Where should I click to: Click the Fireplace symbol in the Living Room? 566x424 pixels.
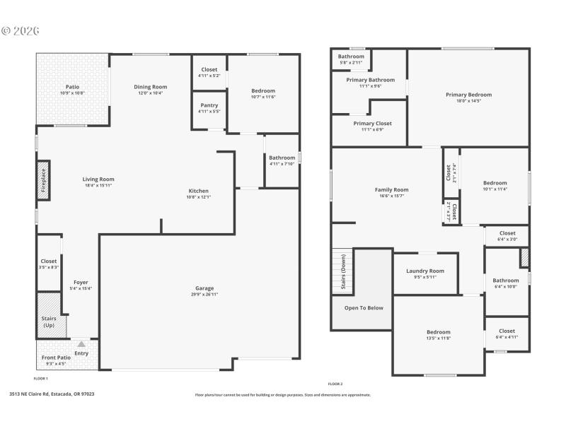pos(43,180)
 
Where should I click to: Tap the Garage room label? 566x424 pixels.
pos(204,288)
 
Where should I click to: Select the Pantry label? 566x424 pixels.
pos(209,105)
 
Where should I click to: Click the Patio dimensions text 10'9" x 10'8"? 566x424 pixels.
pos(72,93)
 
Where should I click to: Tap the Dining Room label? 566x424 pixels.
pos(150,87)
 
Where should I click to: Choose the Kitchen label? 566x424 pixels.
pos(198,191)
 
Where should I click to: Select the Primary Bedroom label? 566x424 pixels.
pos(468,94)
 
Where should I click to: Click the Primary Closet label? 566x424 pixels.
pos(372,123)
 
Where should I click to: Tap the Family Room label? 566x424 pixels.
pos(391,189)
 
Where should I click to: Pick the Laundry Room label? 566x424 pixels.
pos(425,271)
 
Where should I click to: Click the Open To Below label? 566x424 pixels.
pos(364,307)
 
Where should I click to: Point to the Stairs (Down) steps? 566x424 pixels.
pos(341,271)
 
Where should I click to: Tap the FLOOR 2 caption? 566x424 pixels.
pos(335,384)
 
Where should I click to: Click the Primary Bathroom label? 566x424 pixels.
pos(370,80)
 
